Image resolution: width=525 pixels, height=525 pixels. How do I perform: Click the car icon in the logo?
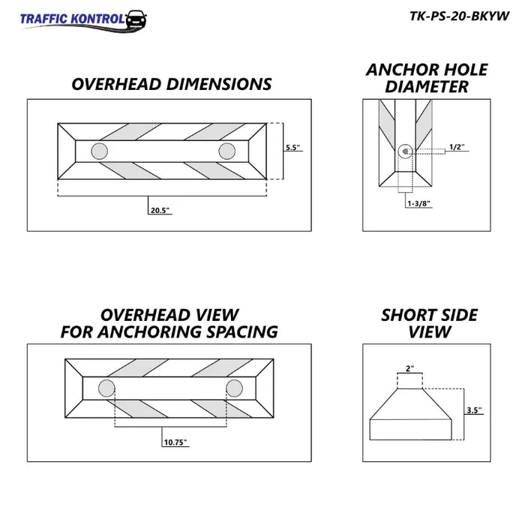(136, 19)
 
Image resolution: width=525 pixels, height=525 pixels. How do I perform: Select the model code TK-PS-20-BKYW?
(459, 16)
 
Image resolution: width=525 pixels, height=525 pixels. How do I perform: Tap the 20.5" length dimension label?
(160, 210)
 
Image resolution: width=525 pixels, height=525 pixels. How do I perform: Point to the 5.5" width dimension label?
(292, 147)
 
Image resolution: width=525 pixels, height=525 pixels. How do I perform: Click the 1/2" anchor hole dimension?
(457, 147)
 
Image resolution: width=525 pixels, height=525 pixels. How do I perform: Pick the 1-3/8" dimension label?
(418, 203)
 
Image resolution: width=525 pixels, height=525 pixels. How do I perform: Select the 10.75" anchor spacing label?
(175, 442)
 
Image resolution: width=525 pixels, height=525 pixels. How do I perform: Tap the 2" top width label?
(409, 369)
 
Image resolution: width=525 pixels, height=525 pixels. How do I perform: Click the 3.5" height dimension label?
(474, 410)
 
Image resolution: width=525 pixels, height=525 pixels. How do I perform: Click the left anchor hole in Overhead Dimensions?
(100, 151)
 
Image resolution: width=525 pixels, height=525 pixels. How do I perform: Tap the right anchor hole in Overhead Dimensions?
(227, 151)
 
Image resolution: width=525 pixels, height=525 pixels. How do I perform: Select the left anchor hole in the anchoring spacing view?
(106, 388)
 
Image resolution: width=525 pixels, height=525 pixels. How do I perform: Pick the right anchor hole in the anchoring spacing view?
(234, 388)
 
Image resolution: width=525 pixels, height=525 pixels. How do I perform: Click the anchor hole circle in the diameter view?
(405, 151)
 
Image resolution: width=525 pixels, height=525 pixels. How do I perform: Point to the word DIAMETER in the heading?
(427, 87)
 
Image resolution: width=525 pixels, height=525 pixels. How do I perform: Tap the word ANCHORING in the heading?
(150, 331)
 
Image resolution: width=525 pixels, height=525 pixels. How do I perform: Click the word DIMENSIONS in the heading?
(219, 84)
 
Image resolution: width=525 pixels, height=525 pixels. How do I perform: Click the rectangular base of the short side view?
(410, 430)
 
